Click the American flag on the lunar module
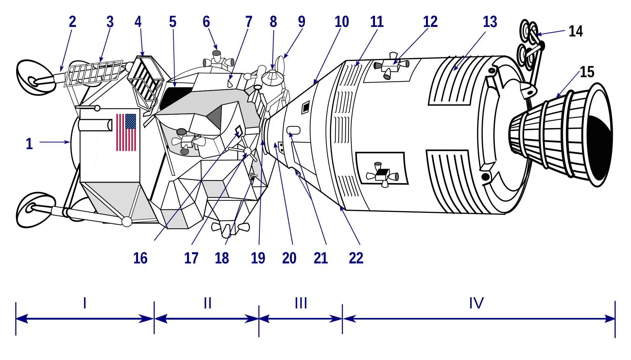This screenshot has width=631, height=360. [126, 132]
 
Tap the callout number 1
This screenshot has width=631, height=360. [29, 144]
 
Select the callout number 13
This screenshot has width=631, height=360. [490, 22]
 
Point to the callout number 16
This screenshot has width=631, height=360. [140, 258]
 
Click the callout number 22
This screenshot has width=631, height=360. [356, 258]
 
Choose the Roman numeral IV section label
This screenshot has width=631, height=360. [476, 303]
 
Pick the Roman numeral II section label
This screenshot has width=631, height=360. [207, 303]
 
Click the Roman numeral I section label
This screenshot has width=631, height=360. [85, 303]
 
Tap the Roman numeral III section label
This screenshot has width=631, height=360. [301, 303]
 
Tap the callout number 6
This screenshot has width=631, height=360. [206, 22]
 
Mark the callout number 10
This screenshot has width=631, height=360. [342, 22]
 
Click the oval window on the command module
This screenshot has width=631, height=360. [293, 130]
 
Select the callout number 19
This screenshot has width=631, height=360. [258, 258]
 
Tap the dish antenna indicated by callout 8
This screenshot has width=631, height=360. [272, 78]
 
